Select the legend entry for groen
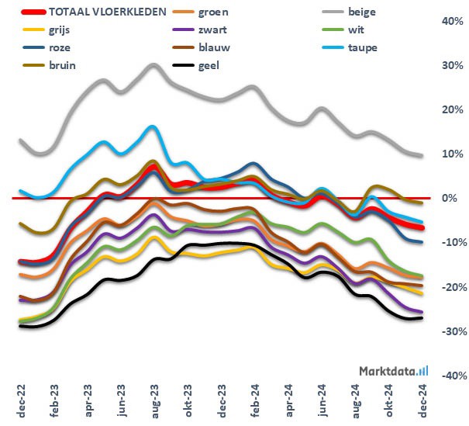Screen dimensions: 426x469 click(x=214, y=13)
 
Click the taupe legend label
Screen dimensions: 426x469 click(x=363, y=47)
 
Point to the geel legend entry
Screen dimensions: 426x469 click(x=209, y=64)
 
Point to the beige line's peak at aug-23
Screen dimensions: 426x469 click(x=153, y=65)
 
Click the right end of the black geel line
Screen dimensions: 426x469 click(x=421, y=318)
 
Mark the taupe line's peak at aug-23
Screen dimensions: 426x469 click(x=153, y=126)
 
